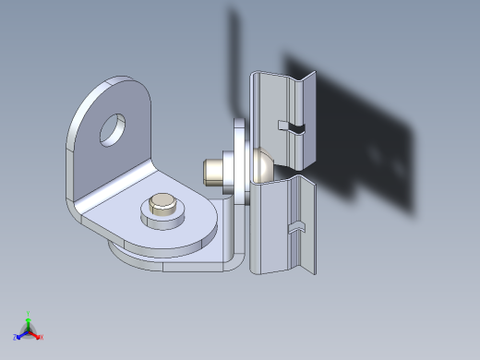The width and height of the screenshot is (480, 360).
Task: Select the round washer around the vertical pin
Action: pos(162,221)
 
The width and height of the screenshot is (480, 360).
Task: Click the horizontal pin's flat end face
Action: pos(208,171)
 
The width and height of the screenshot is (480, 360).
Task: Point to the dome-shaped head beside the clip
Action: pos(261,163)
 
